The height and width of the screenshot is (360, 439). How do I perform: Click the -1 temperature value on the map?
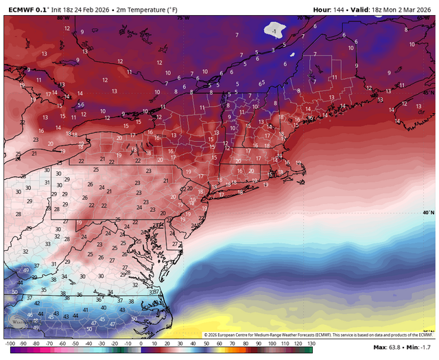[x=274, y=32]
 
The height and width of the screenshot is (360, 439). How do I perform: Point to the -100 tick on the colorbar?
[x=10, y=342]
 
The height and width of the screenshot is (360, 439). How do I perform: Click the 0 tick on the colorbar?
[x=141, y=342]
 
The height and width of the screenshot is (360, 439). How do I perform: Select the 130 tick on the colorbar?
[x=311, y=342]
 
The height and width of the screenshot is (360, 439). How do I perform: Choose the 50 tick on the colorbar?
[x=206, y=342]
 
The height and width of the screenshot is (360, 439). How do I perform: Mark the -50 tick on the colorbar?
[x=75, y=342]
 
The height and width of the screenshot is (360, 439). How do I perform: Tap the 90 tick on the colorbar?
[x=259, y=342]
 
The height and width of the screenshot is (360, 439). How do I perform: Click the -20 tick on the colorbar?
[x=115, y=342]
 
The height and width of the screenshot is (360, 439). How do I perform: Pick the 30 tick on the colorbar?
[x=180, y=342]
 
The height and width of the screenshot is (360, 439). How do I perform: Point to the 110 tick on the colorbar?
[x=285, y=342]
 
